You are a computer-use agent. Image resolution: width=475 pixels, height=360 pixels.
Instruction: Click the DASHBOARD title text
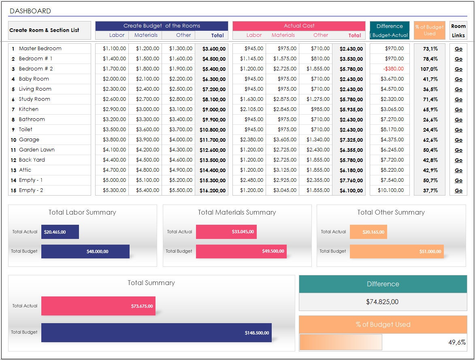(30, 11)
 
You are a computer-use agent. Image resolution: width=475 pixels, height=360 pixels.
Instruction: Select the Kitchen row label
(29, 109)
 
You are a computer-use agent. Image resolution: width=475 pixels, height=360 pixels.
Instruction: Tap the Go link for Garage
(458, 140)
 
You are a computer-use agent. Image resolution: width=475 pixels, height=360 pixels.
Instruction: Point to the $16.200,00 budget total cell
(213, 191)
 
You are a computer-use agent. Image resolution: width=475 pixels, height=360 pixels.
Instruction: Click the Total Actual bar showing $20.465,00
(60, 232)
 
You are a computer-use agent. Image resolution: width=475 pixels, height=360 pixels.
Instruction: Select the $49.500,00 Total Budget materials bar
(241, 251)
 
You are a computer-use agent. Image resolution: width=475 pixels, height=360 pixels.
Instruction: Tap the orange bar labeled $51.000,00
(396, 251)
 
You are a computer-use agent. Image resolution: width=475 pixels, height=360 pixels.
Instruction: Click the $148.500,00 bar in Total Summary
(156, 333)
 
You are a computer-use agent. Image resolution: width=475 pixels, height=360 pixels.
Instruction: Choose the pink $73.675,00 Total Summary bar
(98, 306)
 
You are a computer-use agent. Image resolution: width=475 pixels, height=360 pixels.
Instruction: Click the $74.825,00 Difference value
(382, 302)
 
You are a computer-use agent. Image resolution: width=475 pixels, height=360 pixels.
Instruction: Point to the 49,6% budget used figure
(457, 342)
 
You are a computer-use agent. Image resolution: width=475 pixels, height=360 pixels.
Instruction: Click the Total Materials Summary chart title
(237, 212)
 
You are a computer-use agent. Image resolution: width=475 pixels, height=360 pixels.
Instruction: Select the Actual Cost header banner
(299, 26)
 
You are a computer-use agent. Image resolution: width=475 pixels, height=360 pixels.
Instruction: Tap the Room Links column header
(458, 30)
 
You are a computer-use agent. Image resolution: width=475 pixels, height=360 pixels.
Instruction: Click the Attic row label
(25, 170)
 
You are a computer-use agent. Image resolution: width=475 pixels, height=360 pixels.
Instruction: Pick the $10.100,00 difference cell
(391, 190)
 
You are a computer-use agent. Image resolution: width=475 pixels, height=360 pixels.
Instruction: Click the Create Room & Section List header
(44, 30)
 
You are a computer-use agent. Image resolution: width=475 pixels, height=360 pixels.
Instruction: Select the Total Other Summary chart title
(391, 212)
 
